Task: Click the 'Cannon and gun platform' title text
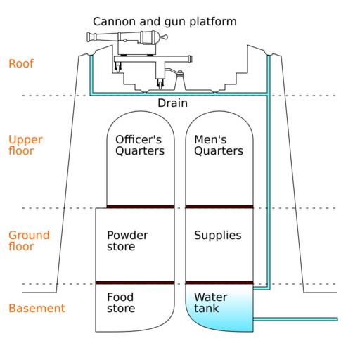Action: tap(165, 22)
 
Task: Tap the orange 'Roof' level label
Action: tap(21, 63)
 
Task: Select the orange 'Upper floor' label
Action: tap(25, 145)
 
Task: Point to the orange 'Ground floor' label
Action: tap(29, 240)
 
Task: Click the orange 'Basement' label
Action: tap(37, 308)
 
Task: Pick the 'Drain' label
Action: tap(172, 103)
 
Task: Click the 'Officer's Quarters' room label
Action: tap(140, 145)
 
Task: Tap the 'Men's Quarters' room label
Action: tap(219, 145)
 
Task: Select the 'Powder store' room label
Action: tap(127, 240)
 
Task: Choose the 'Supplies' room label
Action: tap(218, 236)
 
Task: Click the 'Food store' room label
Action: tap(121, 302)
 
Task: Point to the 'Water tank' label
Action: tap(211, 302)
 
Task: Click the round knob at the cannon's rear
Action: tap(165, 37)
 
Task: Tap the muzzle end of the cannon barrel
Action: tap(89, 37)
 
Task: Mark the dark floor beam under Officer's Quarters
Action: tap(141, 207)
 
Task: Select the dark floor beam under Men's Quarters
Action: tap(219, 207)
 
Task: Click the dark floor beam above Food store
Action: tap(135, 283)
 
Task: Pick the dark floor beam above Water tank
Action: tap(219, 283)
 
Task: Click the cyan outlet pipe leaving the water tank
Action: tap(296, 319)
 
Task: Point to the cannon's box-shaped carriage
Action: tap(137, 49)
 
